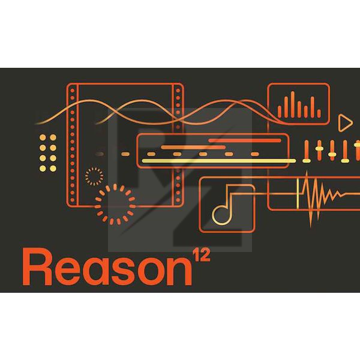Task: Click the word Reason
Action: pyautogui.click(x=107, y=267)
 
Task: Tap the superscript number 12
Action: pyautogui.click(x=202, y=254)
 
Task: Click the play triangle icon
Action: pyautogui.click(x=345, y=123)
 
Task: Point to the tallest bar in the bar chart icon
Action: pyautogui.click(x=293, y=104)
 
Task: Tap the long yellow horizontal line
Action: pyautogui.click(x=218, y=161)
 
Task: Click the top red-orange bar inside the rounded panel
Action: pyautogui.click(x=245, y=140)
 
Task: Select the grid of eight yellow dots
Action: pyautogui.click(x=48, y=153)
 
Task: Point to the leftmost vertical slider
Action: pyautogui.click(x=306, y=151)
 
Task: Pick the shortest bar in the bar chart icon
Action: pyautogui.click(x=319, y=113)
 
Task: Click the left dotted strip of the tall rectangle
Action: pyautogui.click(x=73, y=145)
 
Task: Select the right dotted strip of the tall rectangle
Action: pyautogui.click(x=178, y=145)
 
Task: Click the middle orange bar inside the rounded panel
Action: pyautogui.click(x=193, y=147)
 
